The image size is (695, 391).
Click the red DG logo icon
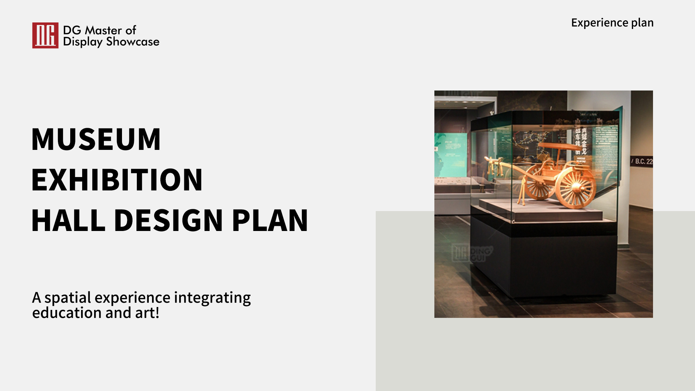pyautogui.click(x=45, y=35)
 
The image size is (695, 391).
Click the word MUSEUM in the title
pyautogui.click(x=96, y=139)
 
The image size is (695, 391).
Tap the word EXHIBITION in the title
pyautogui.click(x=117, y=180)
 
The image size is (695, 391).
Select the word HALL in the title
pyautogui.click(x=68, y=220)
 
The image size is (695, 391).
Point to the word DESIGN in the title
pyautogui.click(x=169, y=220)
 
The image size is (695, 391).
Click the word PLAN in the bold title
pyautogui.click(x=270, y=220)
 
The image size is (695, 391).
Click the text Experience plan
pyautogui.click(x=612, y=23)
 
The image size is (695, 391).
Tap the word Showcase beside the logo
pyautogui.click(x=133, y=42)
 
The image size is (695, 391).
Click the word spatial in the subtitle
pyautogui.click(x=68, y=298)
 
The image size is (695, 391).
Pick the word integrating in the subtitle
pyautogui.click(x=212, y=298)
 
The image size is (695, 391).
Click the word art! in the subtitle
pyautogui.click(x=147, y=313)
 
